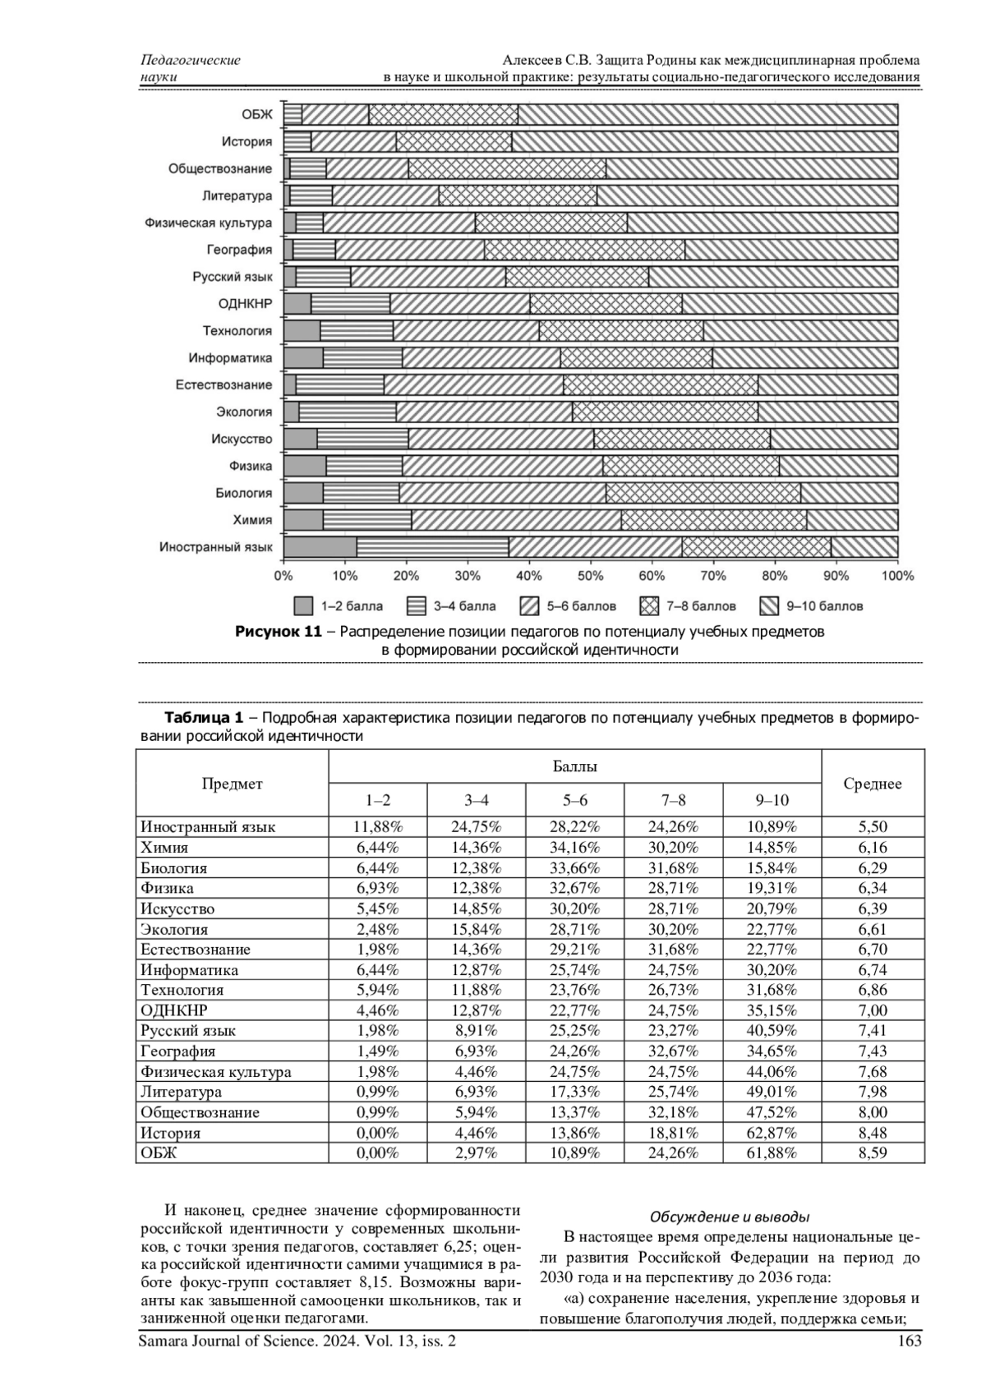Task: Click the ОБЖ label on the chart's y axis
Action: (x=256, y=115)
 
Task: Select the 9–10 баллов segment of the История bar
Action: (x=704, y=141)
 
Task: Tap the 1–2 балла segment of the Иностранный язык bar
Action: (x=320, y=547)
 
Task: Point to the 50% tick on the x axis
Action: (x=590, y=576)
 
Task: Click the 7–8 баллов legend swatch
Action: (x=649, y=607)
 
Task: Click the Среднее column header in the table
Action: (x=873, y=784)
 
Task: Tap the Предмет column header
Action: (x=233, y=784)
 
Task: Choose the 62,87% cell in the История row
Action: (x=772, y=1133)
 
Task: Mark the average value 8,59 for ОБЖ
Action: (x=873, y=1153)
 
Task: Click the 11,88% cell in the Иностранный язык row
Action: (x=377, y=827)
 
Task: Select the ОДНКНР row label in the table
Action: (x=174, y=1010)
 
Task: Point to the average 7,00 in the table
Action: (x=873, y=1010)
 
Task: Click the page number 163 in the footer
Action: (x=910, y=1341)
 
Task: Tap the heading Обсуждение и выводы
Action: (x=730, y=1217)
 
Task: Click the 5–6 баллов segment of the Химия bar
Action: (x=516, y=520)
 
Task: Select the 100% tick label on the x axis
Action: (x=897, y=576)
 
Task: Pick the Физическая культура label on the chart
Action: (x=208, y=223)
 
